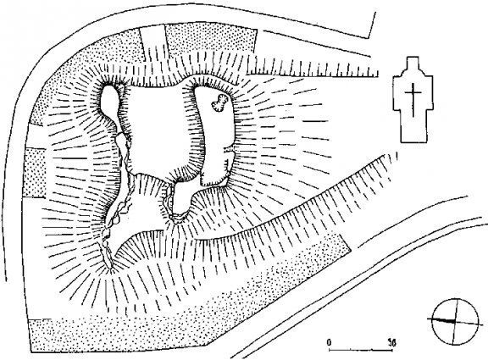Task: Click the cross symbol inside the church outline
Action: [x=413, y=100]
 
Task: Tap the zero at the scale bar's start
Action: [x=329, y=342]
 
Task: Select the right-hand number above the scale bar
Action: [x=391, y=343]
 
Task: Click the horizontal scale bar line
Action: [x=361, y=351]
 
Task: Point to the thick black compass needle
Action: [x=441, y=320]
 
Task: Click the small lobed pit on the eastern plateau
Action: [x=220, y=103]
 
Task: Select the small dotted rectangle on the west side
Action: [x=35, y=172]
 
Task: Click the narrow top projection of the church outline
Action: [x=413, y=64]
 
